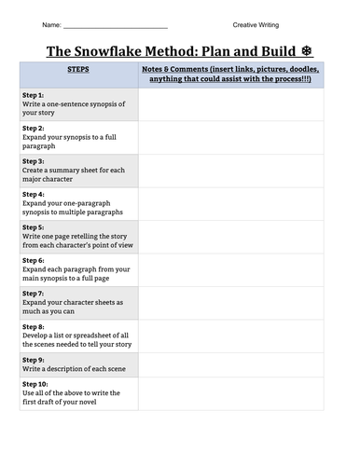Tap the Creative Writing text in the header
[x=256, y=24]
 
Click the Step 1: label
[x=33, y=95]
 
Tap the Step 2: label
[x=33, y=128]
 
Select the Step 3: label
[x=33, y=160]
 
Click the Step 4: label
[x=33, y=194]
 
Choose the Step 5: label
[x=33, y=226]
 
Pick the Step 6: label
[x=33, y=260]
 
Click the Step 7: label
[x=33, y=294]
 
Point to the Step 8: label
[x=33, y=327]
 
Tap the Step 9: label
[x=33, y=360]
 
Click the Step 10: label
[x=35, y=382]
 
